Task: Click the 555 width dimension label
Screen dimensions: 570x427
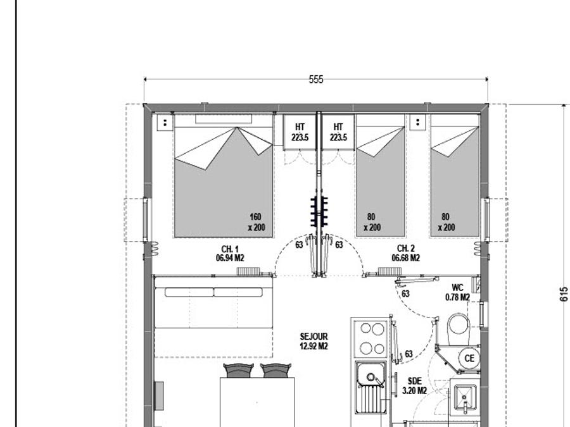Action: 315,80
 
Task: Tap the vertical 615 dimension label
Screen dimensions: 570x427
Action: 564,294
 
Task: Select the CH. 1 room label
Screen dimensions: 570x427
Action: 230,254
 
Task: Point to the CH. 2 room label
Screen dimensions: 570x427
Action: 406,254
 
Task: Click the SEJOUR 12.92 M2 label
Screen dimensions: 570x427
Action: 313,342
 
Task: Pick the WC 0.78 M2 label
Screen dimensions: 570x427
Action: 458,293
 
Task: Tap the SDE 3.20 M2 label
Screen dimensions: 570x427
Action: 414,386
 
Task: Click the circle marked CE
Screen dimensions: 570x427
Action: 469,359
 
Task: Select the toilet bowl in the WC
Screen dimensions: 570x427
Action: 459,328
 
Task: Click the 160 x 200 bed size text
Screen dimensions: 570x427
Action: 256,222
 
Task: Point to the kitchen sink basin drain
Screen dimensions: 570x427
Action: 370,376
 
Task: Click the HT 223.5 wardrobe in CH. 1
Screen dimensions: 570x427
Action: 300,132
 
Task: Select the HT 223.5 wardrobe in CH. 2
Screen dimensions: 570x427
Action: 338,132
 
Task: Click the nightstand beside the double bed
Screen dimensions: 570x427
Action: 165,123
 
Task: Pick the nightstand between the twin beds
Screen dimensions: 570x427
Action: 418,122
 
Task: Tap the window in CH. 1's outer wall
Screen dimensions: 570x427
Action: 146,220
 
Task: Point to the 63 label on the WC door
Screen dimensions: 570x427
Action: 405,294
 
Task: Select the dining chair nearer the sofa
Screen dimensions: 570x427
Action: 237,370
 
